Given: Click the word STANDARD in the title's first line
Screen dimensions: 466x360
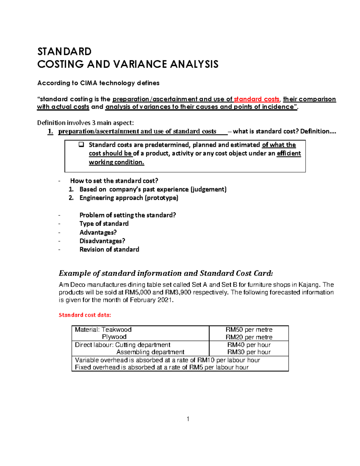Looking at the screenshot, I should coord(64,51).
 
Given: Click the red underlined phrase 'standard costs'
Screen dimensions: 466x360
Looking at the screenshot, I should coord(256,99).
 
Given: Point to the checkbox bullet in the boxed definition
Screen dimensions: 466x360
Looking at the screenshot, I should coord(81,145).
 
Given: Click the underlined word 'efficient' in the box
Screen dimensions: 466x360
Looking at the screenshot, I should coord(289,153).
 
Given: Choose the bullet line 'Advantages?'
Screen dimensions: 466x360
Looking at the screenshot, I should coord(98,232).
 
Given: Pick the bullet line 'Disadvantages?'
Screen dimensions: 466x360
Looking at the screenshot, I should coord(102,241).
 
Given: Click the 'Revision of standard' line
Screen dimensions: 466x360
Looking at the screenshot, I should coord(109,249).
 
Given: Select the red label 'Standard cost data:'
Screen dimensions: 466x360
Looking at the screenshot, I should coord(85,315).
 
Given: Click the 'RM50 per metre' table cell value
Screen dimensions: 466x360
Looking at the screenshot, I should coord(249,329).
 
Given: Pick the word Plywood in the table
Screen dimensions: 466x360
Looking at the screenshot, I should coord(114,337).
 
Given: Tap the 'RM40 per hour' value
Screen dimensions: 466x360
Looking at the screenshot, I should coord(249,345).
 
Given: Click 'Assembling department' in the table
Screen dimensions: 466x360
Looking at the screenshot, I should coord(150,352).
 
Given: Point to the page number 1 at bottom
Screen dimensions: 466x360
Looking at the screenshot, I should coord(188,419).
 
